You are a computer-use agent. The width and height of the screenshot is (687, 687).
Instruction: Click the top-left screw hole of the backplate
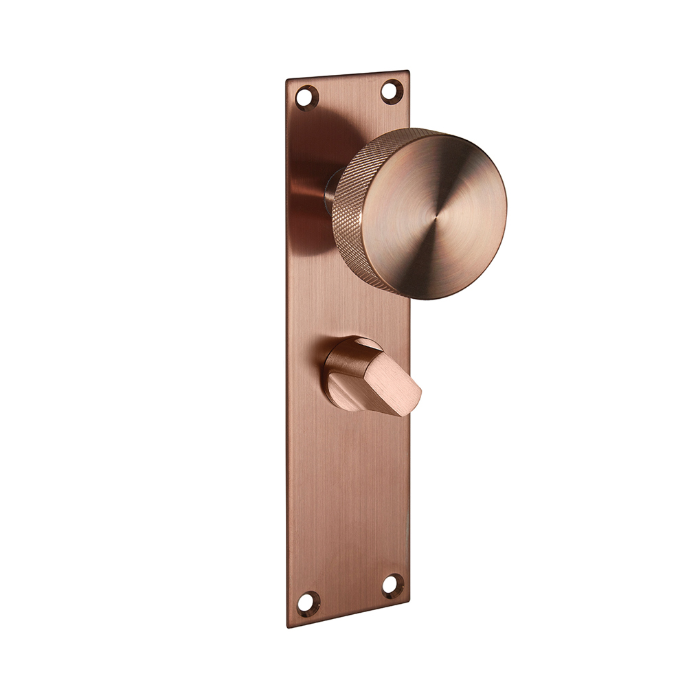click(306, 97)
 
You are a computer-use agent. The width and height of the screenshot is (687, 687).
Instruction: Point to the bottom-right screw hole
click(393, 585)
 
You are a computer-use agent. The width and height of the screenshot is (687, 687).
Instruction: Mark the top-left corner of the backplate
click(286, 80)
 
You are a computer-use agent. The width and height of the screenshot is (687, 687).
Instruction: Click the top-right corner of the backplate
click(409, 71)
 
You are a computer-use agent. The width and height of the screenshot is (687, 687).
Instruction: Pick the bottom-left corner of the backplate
click(288, 627)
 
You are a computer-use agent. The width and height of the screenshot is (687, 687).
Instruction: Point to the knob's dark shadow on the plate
click(313, 158)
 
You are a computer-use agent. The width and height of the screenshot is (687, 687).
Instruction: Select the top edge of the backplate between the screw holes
click(349, 76)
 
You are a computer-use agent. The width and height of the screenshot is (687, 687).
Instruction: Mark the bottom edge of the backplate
click(349, 616)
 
